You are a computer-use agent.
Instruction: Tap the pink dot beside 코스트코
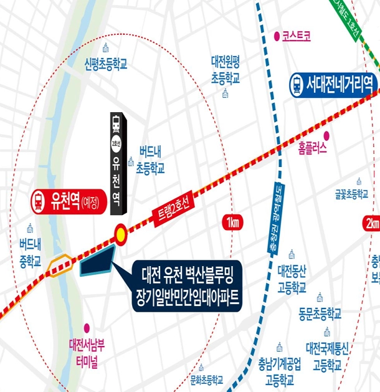click(x=276, y=36)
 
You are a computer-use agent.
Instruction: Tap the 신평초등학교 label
click(x=106, y=64)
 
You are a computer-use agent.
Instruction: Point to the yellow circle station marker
click(x=120, y=234)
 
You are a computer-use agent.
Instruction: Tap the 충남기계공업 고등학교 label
click(x=280, y=370)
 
